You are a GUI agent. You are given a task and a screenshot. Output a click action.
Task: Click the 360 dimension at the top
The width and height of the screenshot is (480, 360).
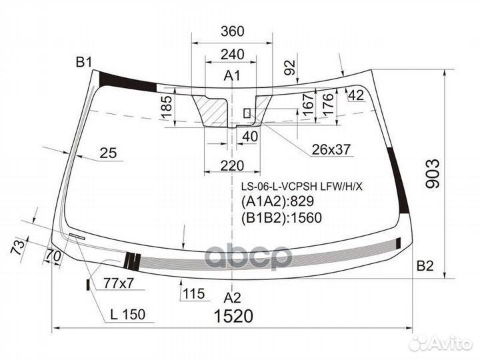pos(233,31)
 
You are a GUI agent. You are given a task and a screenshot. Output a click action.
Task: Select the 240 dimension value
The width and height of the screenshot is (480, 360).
pos(233,54)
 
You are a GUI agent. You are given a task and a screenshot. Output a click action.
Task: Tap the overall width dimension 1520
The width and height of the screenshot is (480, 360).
pos(233,316)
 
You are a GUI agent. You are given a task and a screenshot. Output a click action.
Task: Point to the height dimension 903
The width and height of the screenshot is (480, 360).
pos(433,173)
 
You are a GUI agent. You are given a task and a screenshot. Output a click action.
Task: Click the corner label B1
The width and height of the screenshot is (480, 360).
pos(84,63)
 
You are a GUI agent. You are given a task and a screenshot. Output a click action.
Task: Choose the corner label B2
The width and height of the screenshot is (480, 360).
pos(425,266)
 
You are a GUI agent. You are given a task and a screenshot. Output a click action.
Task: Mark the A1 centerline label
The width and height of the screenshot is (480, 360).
pos(232,75)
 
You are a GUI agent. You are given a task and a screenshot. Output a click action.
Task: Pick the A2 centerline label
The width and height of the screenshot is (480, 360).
pos(233,297)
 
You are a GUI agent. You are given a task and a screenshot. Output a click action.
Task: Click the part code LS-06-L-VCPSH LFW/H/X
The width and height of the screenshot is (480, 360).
pos(302,186)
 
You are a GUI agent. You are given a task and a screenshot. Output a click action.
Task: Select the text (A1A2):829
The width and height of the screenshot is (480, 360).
pos(277,201)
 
